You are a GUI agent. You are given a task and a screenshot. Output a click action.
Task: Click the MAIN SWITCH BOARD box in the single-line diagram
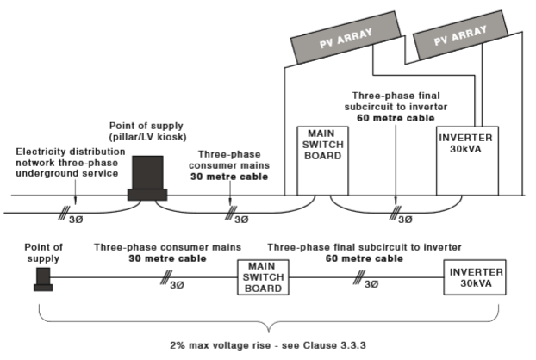(261, 278)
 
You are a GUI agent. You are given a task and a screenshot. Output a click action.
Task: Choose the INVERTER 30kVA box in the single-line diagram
(474, 278)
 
